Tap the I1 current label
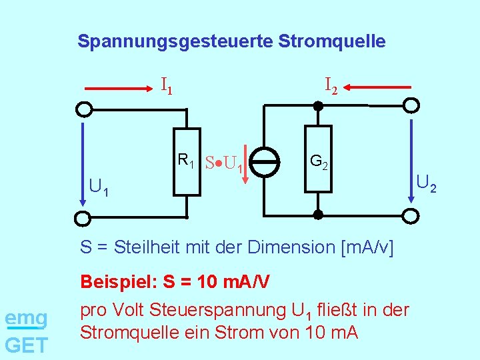click(167, 85)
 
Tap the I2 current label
click(331, 85)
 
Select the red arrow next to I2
click(379, 87)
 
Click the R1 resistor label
click(185, 160)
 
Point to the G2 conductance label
click(318, 161)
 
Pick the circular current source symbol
click(267, 162)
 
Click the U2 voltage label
click(426, 181)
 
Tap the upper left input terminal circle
click(83, 109)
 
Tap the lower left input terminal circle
click(83, 217)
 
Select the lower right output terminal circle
click(412, 215)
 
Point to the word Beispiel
click(117, 281)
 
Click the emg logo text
click(26, 319)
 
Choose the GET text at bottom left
click(26, 345)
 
